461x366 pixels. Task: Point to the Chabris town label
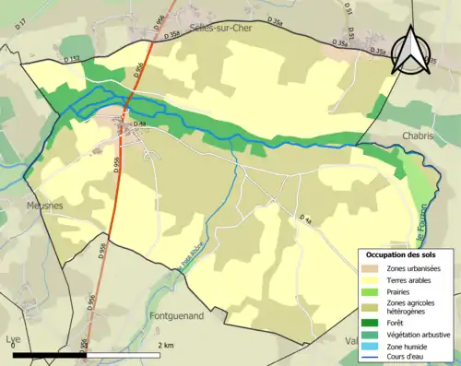pos(418,136)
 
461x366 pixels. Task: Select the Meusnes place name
pos(44,206)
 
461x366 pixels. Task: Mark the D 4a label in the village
pos(140,124)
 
